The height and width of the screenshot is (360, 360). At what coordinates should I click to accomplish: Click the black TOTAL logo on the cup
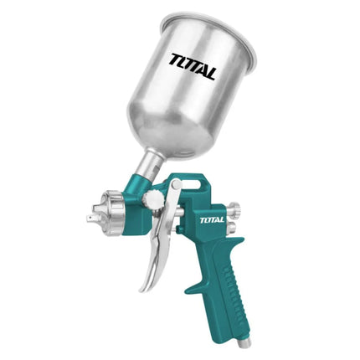tap(193, 67)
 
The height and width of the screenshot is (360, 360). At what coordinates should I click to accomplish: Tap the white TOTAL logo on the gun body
tap(212, 220)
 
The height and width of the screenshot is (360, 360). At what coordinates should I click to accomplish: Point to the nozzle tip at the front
tap(91, 219)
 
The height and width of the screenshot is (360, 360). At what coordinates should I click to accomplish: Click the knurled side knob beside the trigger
tap(152, 198)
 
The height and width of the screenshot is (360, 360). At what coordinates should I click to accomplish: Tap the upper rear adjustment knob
tap(234, 208)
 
